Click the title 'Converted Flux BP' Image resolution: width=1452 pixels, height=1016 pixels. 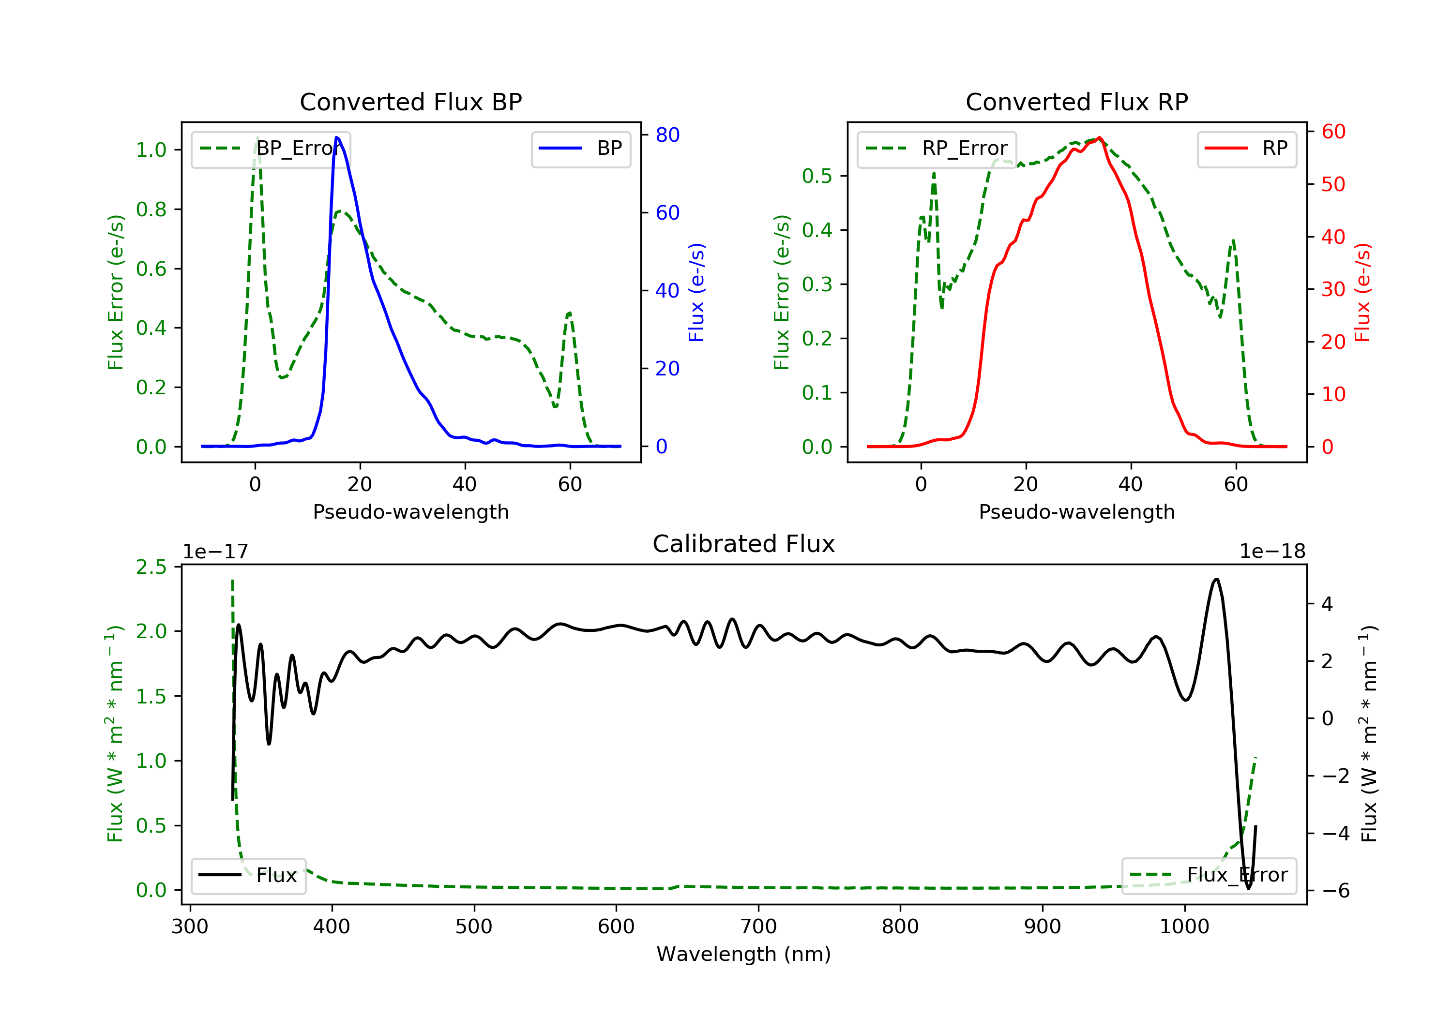pos(410,102)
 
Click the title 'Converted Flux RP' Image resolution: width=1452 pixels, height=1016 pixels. pos(1076,102)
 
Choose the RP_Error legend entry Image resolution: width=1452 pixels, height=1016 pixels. pos(937,149)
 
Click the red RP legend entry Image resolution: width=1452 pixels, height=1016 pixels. pos(1246,149)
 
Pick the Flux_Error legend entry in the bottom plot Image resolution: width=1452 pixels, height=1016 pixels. pos(1209,875)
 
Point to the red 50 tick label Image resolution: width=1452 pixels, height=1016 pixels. pos(1333,185)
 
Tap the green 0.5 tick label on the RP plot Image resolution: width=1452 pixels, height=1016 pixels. pos(817,176)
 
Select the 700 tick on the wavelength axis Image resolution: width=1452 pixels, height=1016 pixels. pos(758,927)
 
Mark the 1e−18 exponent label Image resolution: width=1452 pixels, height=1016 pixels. pos(1272,552)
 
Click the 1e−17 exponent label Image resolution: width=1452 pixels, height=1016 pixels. pos(215,552)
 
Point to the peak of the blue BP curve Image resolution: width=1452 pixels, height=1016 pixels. pos(337,137)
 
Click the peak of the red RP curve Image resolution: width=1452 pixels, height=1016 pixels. pos(1100,137)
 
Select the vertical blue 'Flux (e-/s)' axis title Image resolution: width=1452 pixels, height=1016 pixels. pos(696,292)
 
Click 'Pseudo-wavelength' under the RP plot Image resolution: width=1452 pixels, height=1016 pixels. pos(1076,511)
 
